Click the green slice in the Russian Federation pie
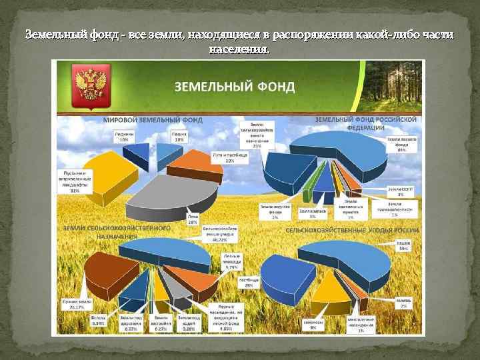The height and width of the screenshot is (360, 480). [307, 195]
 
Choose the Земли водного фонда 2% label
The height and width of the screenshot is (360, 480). [275, 212]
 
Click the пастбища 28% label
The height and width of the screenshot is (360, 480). [235, 283]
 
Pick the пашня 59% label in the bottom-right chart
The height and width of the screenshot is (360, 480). [403, 246]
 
